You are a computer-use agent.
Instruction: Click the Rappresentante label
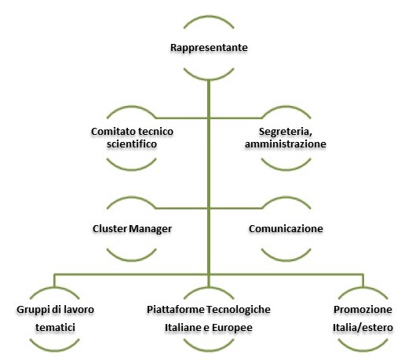tap(209, 48)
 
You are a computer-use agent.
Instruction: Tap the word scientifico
tap(132, 144)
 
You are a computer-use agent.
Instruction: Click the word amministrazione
tap(286, 144)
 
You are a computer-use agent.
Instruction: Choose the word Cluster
tap(110, 229)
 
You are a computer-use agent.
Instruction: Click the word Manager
tap(151, 229)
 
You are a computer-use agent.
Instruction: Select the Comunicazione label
tap(286, 229)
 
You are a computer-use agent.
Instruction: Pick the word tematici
tap(55, 327)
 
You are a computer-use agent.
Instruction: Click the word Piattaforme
tap(176, 310)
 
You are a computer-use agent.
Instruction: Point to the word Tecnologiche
tap(239, 310)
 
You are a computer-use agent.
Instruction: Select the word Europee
tap(232, 328)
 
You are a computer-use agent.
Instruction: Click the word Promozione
tap(363, 310)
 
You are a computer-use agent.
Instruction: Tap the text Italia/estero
tap(363, 328)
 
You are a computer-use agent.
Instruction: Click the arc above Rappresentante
tap(209, 17)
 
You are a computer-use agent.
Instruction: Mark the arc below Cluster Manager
tap(132, 260)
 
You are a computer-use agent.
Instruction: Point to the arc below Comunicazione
tap(286, 260)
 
